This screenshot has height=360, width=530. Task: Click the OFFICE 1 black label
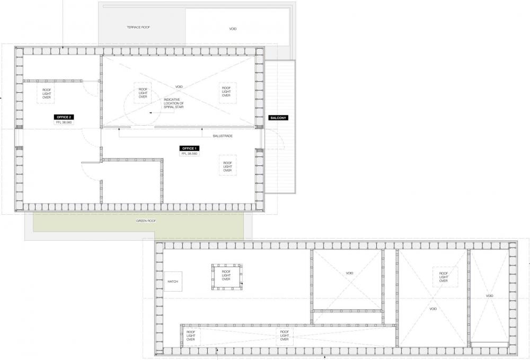(189, 148)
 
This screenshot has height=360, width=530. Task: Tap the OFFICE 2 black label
(64, 117)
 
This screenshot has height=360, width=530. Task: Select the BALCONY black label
(278, 118)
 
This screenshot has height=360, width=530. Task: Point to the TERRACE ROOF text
(138, 27)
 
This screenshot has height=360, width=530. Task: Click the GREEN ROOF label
(146, 221)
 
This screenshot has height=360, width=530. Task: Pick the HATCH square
(173, 281)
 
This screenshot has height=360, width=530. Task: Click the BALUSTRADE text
(223, 136)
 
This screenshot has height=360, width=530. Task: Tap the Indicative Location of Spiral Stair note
(174, 103)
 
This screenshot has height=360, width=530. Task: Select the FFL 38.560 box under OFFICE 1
(189, 153)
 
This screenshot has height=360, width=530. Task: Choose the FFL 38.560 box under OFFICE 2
(64, 122)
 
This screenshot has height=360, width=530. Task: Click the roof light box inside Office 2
(46, 94)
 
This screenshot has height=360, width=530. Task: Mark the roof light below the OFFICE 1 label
(228, 166)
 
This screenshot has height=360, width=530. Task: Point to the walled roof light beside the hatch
(226, 277)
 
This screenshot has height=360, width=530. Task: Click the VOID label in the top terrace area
(233, 29)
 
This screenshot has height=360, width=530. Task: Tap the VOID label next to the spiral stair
(179, 87)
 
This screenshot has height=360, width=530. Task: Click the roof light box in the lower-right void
(444, 277)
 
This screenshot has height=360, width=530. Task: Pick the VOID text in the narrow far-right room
(489, 296)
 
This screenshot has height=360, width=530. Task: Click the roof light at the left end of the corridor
(191, 336)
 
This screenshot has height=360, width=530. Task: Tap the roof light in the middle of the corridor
(285, 336)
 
